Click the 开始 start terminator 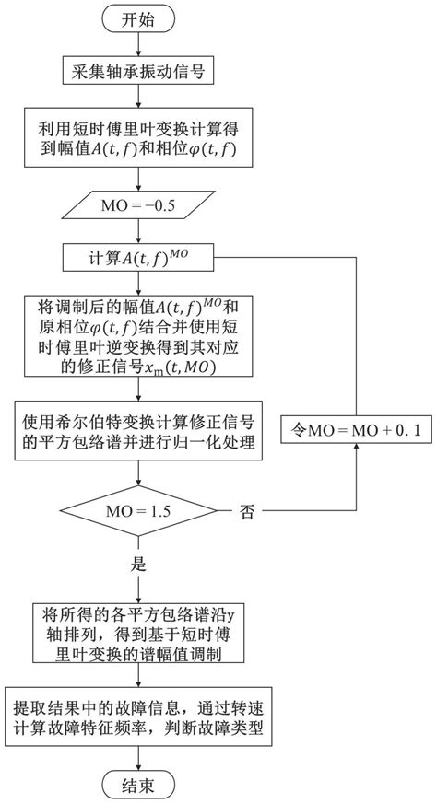pyautogui.click(x=137, y=21)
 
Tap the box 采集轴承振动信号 pyautogui.click(x=137, y=71)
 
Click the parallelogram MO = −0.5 pyautogui.click(x=137, y=201)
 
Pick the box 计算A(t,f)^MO pyautogui.click(x=137, y=256)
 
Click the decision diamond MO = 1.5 pyautogui.click(x=137, y=508)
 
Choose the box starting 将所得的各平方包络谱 pyautogui.click(x=137, y=634)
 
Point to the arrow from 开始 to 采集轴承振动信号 pyautogui.click(x=137, y=46)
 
